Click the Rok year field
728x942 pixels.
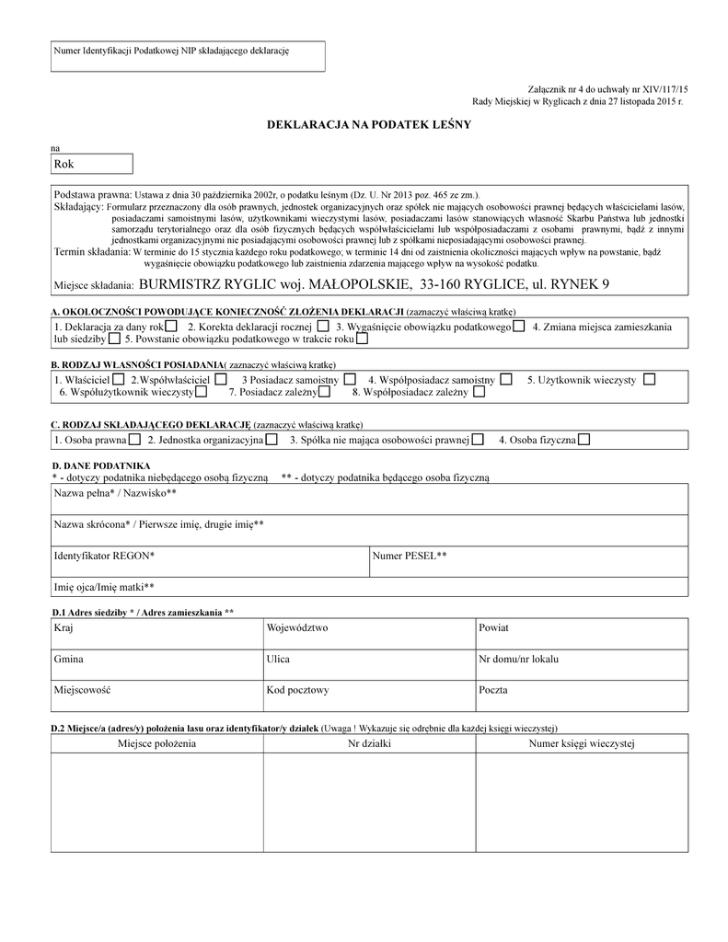click(91, 165)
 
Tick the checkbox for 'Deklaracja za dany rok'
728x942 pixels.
click(171, 327)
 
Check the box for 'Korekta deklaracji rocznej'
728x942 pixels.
click(321, 327)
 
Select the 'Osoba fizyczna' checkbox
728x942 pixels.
click(584, 440)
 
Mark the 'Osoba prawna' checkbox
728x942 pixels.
click(133, 440)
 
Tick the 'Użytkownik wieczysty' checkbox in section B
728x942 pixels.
click(650, 379)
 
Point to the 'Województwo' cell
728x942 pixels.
click(368, 633)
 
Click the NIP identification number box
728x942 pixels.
click(188, 56)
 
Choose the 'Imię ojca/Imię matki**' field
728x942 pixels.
click(369, 586)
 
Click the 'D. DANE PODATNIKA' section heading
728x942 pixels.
click(101, 466)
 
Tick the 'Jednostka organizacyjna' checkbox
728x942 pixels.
click(272, 440)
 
